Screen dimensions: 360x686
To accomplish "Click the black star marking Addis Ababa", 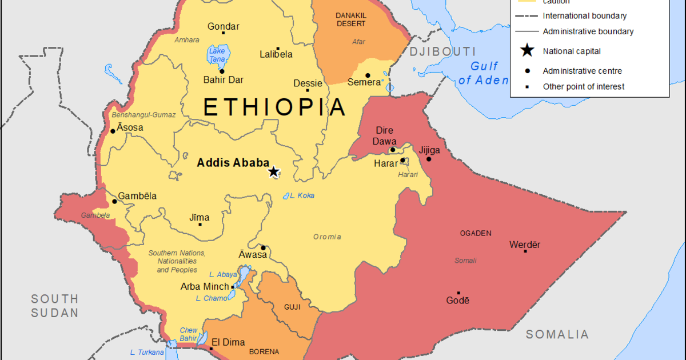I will click(274, 171).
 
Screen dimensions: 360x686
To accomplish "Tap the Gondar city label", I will click(224, 26).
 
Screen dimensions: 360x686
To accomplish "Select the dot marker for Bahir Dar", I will click(222, 71).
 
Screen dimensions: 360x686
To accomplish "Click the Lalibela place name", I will click(276, 54).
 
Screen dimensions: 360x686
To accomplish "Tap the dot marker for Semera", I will click(368, 75).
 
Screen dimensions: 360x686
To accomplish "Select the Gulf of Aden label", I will click(483, 73).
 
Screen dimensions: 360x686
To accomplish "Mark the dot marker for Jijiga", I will click(429, 159).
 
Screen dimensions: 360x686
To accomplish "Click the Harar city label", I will click(385, 163).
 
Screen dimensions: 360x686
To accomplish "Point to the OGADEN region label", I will click(475, 233).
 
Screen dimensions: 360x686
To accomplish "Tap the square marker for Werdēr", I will click(521, 254).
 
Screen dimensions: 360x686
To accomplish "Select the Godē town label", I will click(457, 301).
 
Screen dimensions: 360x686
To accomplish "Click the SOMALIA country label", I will click(557, 334).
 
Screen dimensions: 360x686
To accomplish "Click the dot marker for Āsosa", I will click(113, 131).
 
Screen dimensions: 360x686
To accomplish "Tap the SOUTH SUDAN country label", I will click(55, 306).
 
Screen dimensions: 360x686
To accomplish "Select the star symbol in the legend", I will click(527, 51).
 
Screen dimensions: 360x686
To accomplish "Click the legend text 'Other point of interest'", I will click(583, 87).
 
